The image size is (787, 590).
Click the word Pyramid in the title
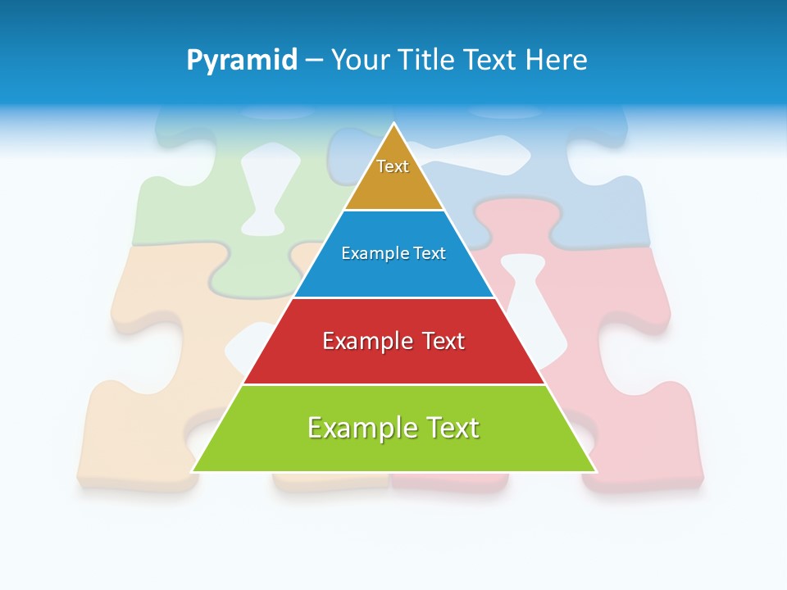pos(242,61)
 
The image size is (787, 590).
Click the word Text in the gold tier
pos(393,166)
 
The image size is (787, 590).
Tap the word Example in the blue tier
pos(367,253)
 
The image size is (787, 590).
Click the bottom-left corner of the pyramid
pos(193,470)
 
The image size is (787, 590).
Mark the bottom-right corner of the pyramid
pos(594,470)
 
